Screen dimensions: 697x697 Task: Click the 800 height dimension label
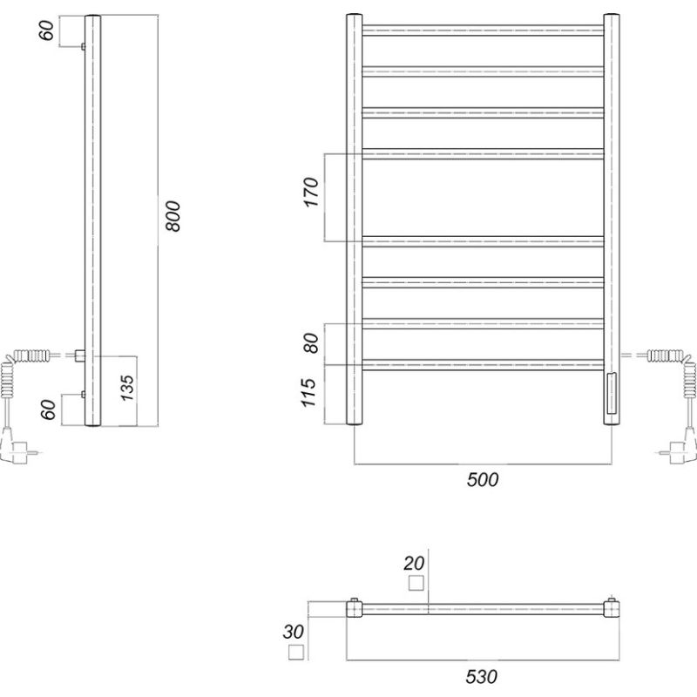point(173,215)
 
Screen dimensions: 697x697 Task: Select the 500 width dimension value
point(483,480)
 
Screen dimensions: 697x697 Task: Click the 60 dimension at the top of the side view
point(49,31)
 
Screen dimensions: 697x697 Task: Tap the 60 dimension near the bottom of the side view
point(49,409)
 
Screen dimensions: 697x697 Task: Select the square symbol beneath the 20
point(416,583)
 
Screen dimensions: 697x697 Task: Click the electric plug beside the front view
point(679,451)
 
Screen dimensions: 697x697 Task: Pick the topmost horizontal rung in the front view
point(484,30)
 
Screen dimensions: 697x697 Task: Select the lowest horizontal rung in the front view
point(484,365)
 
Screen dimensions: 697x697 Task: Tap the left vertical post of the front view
point(354,218)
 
